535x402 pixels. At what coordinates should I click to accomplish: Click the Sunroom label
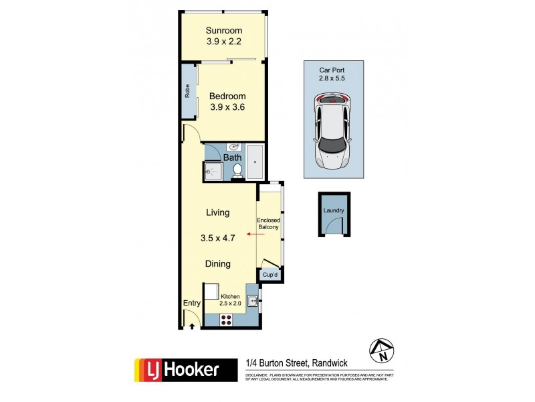(x=223, y=30)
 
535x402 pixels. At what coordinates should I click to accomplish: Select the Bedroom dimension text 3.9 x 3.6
(x=223, y=107)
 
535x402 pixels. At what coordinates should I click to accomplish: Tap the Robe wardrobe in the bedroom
(x=188, y=91)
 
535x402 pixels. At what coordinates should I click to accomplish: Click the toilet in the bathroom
(x=237, y=172)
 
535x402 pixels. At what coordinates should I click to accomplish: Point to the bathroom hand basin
(x=234, y=147)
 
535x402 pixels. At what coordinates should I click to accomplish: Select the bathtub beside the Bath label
(x=255, y=161)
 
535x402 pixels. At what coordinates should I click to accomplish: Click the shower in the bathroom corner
(x=213, y=172)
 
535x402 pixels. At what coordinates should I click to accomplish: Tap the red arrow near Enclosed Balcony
(x=253, y=234)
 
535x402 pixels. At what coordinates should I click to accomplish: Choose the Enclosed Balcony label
(x=268, y=223)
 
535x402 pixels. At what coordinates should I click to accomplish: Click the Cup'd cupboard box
(x=269, y=275)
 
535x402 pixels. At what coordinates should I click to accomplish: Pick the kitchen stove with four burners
(x=227, y=320)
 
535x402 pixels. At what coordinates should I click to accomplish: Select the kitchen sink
(x=253, y=301)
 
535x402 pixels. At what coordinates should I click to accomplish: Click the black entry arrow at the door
(x=193, y=326)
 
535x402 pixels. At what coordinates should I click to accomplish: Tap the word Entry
(x=192, y=304)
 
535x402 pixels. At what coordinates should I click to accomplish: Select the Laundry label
(x=334, y=210)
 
